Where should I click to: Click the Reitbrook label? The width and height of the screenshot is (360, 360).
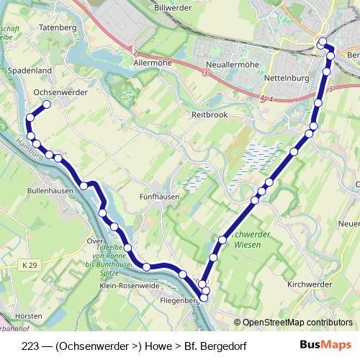209,114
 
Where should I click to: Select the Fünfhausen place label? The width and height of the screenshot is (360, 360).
159,196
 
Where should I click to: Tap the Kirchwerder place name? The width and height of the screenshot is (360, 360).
308,285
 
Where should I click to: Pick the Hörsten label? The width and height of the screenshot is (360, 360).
28,315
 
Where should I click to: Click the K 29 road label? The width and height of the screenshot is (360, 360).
29,266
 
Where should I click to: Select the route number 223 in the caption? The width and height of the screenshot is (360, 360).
31,345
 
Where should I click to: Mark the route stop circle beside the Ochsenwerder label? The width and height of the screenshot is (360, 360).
47,104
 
